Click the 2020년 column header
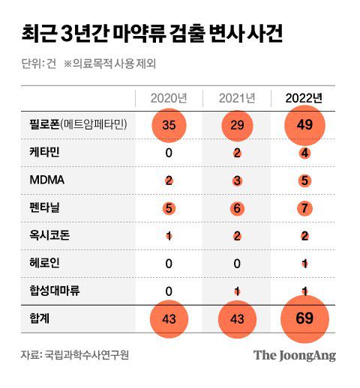169,98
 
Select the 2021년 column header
237,98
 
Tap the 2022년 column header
304,98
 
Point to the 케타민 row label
37,153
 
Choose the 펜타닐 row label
37,208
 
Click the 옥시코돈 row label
41,236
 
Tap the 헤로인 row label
37,264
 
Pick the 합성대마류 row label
46,291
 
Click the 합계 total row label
32,320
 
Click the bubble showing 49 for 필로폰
304,125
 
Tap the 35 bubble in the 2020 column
169,125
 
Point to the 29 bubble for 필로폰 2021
237,125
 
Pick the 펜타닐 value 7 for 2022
304,208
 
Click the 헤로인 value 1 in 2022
304,264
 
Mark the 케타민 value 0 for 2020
169,153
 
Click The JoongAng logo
294,355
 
